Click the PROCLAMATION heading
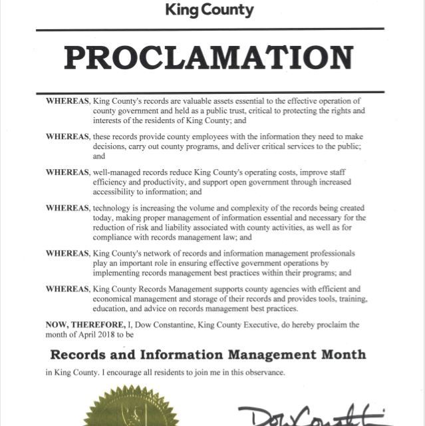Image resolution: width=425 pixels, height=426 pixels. coord(208,59)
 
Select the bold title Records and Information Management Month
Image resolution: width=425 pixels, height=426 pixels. coord(208,354)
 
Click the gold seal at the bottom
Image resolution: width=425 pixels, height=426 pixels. coord(131,407)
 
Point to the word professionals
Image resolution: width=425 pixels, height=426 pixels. coord(327,254)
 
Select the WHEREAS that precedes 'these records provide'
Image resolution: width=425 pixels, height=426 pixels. coord(67,136)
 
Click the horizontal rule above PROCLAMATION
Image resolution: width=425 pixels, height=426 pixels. coord(210,29)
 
